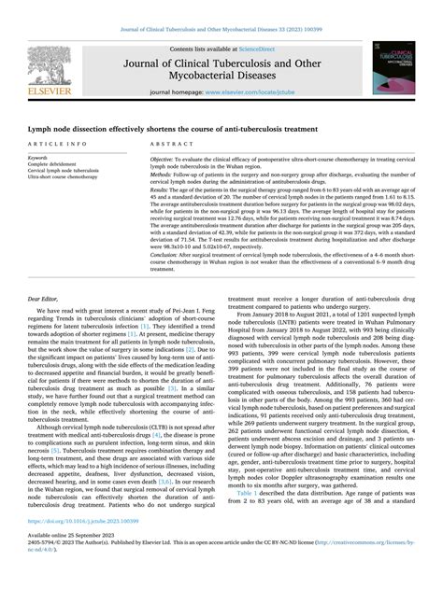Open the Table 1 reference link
(x=248, y=518)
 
